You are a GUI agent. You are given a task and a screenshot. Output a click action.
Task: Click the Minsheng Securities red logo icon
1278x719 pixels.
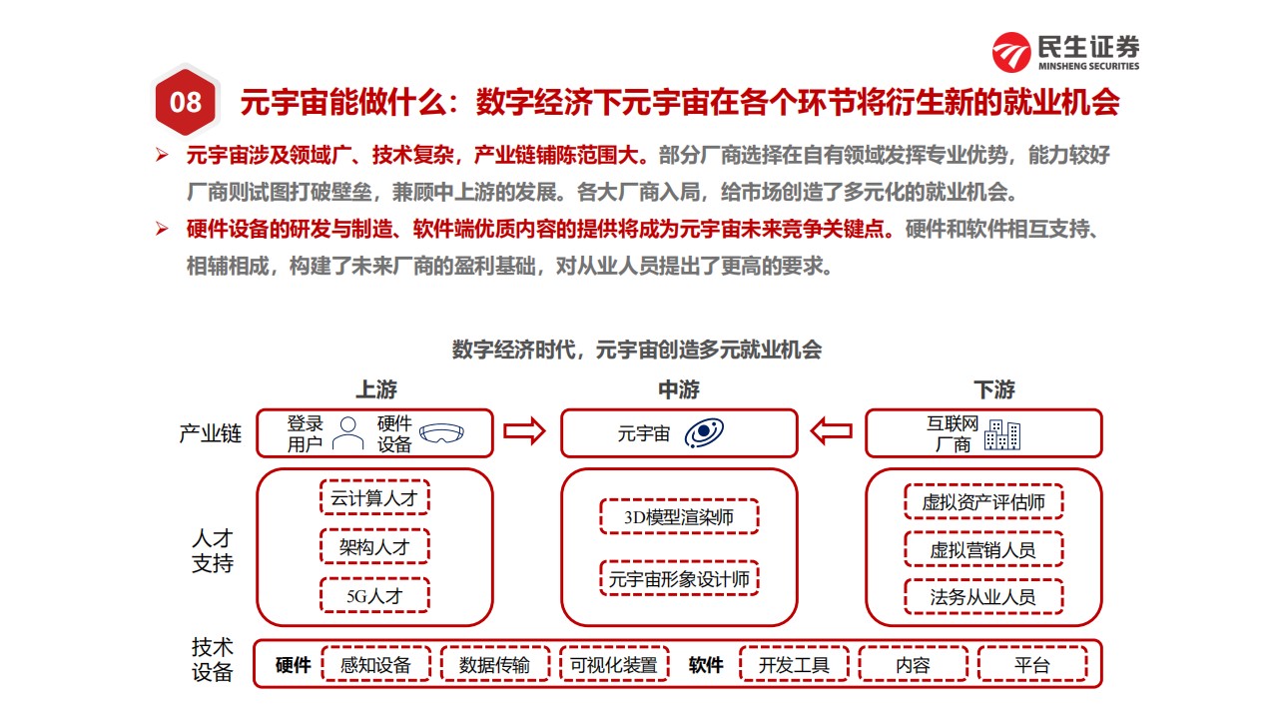point(1011,52)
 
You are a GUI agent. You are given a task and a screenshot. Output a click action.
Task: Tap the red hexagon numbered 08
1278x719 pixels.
point(186,102)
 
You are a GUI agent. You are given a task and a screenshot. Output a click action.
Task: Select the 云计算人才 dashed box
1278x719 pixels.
point(374,497)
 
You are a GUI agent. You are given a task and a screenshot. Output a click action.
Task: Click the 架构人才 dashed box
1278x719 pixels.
point(374,546)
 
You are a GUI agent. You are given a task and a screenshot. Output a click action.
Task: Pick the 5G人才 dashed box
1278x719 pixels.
point(374,596)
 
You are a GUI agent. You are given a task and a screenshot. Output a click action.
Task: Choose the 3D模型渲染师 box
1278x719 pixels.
point(679,517)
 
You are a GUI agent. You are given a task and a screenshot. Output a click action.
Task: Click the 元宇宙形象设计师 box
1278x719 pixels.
point(679,578)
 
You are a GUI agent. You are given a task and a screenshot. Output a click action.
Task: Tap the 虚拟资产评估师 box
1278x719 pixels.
point(983,501)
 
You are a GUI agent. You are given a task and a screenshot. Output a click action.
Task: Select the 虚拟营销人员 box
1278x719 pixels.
point(983,549)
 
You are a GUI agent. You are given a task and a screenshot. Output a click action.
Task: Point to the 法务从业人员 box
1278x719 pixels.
point(983,597)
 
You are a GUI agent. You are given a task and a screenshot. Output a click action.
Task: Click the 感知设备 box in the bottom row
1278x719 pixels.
point(376,664)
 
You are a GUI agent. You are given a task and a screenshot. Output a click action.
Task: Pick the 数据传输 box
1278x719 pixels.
point(495,664)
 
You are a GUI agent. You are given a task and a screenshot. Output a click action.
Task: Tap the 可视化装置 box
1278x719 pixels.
point(614,664)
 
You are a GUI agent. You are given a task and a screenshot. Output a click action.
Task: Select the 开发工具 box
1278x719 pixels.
point(794,664)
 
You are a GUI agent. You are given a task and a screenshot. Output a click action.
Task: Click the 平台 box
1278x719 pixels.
point(1032,664)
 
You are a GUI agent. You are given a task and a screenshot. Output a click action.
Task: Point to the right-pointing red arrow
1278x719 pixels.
point(524,431)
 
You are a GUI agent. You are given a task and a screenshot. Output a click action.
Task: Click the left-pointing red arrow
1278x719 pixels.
point(832,431)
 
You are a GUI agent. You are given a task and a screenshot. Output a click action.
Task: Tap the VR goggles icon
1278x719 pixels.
point(441,433)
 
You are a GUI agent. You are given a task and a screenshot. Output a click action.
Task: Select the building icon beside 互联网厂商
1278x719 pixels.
point(1002,434)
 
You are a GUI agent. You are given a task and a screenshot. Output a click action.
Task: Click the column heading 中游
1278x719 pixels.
point(679,389)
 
